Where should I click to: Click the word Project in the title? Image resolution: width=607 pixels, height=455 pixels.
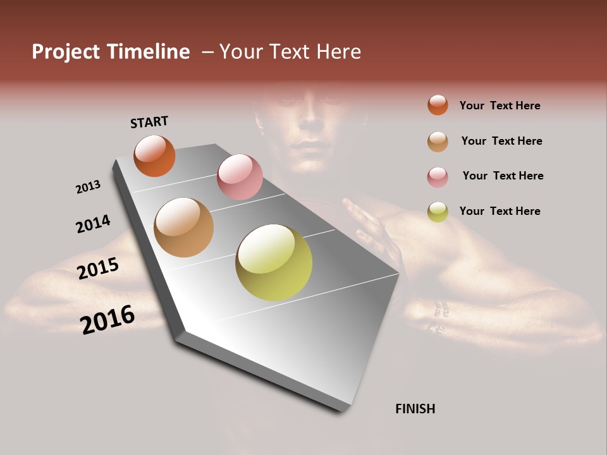click(x=66, y=52)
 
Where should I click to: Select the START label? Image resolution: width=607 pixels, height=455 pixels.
click(x=149, y=122)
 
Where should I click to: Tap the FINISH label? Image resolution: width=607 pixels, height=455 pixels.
click(x=415, y=409)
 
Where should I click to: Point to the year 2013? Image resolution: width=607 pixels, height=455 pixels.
click(x=88, y=187)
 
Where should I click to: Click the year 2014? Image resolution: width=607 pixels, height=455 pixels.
click(x=93, y=224)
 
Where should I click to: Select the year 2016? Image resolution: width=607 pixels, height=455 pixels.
click(x=107, y=319)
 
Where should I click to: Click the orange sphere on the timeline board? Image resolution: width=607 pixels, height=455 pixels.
click(x=154, y=155)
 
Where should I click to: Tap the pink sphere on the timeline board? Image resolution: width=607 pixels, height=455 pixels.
click(x=240, y=176)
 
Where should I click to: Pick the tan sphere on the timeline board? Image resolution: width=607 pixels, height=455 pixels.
click(x=183, y=227)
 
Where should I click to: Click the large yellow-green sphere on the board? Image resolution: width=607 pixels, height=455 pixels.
click(x=274, y=262)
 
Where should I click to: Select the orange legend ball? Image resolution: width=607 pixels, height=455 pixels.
click(x=438, y=105)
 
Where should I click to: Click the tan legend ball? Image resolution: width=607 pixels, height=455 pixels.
click(x=438, y=142)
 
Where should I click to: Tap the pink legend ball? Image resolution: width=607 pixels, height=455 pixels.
click(x=438, y=177)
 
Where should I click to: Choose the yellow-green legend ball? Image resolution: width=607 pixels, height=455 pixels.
click(x=438, y=212)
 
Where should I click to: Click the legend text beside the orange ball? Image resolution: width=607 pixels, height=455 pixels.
click(x=500, y=106)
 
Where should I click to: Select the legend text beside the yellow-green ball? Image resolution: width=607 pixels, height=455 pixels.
click(x=500, y=211)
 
